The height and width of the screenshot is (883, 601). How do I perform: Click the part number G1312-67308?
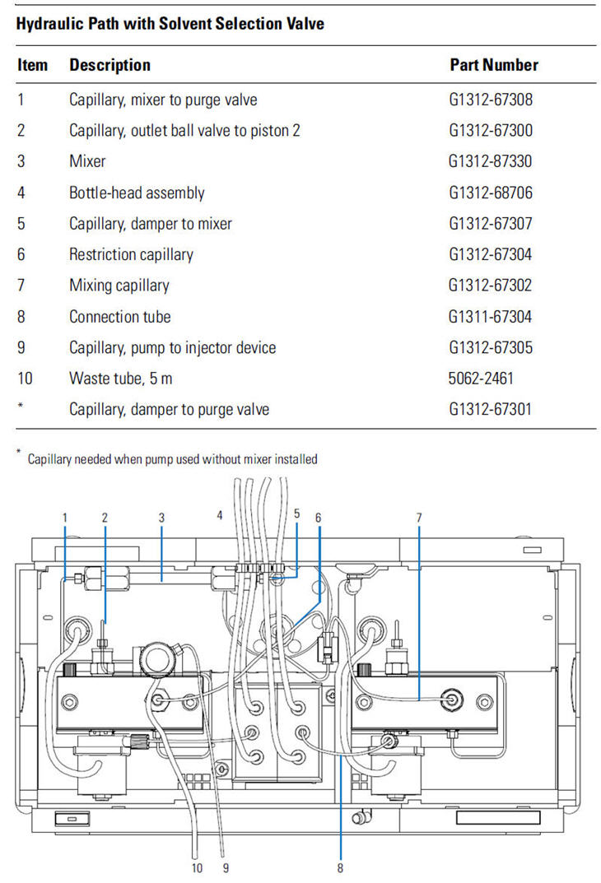tap(490, 100)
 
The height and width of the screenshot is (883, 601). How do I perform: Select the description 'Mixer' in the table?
tap(87, 161)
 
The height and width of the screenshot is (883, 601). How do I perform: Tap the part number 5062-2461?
tap(481, 378)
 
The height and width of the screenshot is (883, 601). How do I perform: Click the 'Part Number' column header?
tap(494, 65)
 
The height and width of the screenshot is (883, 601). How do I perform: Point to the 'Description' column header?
tap(109, 65)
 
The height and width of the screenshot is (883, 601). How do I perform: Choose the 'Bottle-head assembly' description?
tap(137, 193)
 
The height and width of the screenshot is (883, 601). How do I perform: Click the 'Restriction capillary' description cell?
tap(131, 254)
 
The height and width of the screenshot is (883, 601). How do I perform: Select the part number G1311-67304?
tap(490, 317)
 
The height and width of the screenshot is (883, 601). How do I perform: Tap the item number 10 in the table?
tap(25, 378)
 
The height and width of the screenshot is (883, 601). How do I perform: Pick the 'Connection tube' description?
tap(120, 317)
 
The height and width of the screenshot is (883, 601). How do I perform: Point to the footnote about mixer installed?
tap(172, 459)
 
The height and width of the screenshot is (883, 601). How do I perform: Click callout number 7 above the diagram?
tap(418, 517)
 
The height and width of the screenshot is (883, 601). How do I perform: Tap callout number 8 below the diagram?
tap(340, 868)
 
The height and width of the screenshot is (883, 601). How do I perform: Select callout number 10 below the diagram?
tap(197, 868)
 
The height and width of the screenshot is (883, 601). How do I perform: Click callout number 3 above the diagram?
tap(161, 517)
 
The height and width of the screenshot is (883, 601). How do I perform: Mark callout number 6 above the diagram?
tap(319, 517)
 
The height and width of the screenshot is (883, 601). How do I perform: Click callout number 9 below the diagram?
tap(226, 868)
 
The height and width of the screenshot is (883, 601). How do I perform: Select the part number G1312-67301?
tap(490, 409)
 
